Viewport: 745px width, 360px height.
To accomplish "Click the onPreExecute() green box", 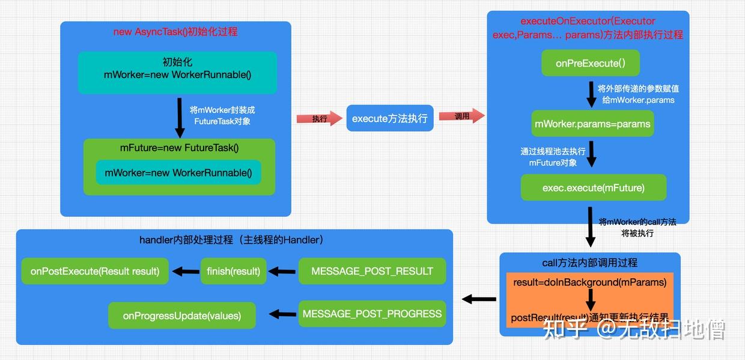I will pos(591,63).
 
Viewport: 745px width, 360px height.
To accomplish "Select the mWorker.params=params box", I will pos(592,124).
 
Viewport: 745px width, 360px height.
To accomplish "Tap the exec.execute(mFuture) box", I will pos(594,188).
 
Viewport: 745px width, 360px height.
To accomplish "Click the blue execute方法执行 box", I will pos(389,118).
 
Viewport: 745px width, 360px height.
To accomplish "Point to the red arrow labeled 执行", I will pos(318,118).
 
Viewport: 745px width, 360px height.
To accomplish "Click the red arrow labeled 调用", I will pos(461,116).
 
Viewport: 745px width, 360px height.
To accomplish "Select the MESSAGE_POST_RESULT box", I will pos(372,271).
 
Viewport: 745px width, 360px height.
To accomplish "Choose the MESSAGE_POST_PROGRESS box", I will pos(372,314).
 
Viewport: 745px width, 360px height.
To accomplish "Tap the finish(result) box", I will pos(233,271).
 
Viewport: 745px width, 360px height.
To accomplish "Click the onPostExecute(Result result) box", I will pos(95,271).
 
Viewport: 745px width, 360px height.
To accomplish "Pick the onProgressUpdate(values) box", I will pos(181,316).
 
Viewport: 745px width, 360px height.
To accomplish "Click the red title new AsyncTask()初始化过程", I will pos(175,32).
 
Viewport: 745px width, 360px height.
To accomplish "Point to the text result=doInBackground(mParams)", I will pos(589,282).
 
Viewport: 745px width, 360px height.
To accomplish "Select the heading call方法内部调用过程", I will pos(589,263).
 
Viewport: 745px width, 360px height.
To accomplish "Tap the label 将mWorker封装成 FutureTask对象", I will pos(222,115).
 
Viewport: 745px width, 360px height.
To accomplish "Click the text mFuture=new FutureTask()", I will pos(179,148).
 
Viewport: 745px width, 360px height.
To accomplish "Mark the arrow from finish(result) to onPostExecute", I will pos(186,272).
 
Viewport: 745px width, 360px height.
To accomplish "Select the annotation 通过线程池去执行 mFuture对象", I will pos(553,157).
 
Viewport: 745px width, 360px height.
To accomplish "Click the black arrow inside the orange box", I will pos(591,299).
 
